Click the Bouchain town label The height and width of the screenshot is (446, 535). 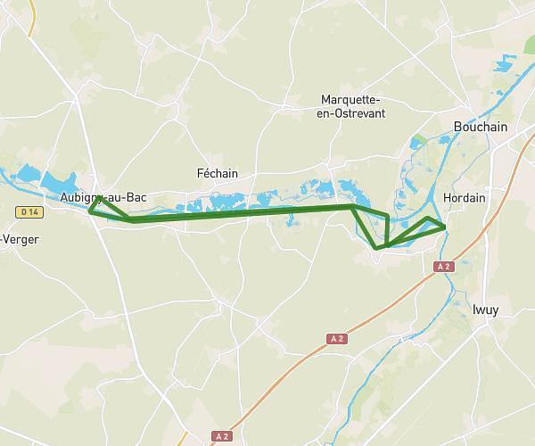tap(480, 127)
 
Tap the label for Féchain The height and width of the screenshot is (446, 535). tap(217, 173)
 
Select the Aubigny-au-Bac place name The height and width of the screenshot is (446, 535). tap(103, 197)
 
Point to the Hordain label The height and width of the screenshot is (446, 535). tap(464, 198)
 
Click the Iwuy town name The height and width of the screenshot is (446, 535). tap(486, 310)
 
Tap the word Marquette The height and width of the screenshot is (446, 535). tap(350, 99)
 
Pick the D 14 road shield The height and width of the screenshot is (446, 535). tap(29, 211)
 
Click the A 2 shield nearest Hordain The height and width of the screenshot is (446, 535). tap(443, 266)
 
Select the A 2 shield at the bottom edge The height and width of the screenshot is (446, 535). tap(222, 436)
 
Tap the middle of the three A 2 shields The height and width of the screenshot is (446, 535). tap(336, 339)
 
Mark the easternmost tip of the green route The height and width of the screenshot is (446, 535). tap(445, 228)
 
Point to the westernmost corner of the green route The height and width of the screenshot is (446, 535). tap(90, 211)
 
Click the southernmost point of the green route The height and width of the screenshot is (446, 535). tap(378, 248)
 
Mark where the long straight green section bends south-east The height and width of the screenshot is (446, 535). tap(354, 206)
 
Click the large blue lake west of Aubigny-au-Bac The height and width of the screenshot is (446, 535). tap(36, 176)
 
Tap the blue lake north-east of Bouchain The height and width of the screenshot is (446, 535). tap(506, 63)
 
